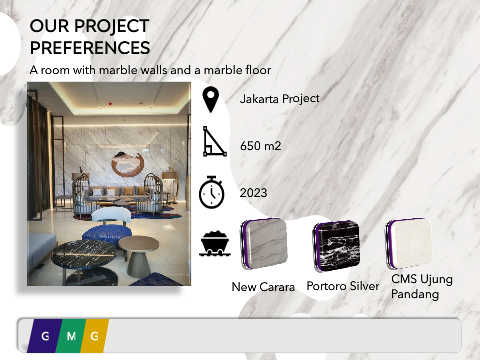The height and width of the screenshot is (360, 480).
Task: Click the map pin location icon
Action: click(x=211, y=99)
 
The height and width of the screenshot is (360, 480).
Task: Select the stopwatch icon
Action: click(x=212, y=192)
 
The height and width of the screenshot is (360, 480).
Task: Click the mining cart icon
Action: click(x=215, y=244)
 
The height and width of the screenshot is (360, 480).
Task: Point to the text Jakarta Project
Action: click(x=280, y=99)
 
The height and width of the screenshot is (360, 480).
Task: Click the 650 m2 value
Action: click(x=261, y=146)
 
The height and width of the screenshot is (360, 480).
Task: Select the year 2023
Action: click(x=253, y=193)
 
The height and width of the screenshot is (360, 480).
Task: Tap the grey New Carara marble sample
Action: click(x=264, y=243)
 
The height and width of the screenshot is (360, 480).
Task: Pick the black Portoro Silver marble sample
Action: click(x=336, y=246)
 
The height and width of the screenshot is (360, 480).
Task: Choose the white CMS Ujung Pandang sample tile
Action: click(x=409, y=244)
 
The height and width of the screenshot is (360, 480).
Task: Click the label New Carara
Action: click(x=263, y=287)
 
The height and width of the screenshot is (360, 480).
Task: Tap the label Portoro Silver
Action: click(x=343, y=286)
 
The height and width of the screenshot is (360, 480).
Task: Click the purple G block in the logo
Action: click(x=45, y=336)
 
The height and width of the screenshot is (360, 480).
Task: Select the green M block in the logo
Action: click(x=71, y=336)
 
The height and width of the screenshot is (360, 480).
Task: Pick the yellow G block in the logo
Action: click(x=95, y=336)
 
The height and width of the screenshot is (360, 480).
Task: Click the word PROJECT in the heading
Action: click(x=112, y=26)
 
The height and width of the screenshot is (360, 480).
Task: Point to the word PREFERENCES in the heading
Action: click(x=90, y=47)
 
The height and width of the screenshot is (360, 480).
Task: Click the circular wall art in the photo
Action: click(x=127, y=164)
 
